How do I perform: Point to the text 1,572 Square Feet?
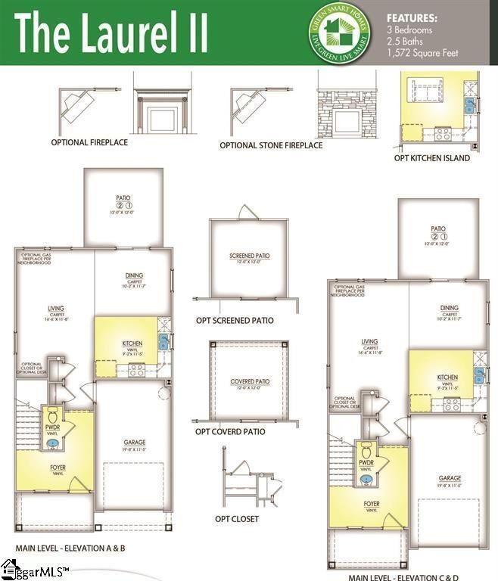click(422, 53)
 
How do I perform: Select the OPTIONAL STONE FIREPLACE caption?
click(271, 145)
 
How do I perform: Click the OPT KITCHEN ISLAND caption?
click(432, 158)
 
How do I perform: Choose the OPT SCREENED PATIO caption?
click(235, 321)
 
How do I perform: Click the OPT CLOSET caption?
click(237, 519)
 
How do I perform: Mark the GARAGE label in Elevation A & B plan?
click(135, 443)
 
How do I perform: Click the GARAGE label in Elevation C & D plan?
click(449, 478)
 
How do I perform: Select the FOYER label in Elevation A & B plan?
click(58, 468)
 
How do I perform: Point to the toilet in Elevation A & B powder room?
click(53, 416)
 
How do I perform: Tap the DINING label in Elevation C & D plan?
click(450, 308)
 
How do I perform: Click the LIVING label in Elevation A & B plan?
click(55, 309)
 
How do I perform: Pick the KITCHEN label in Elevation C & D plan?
click(447, 377)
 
